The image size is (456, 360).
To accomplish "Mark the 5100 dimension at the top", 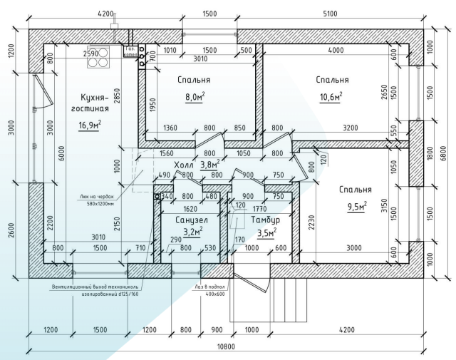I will click(330, 14).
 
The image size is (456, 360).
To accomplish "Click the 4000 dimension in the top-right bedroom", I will click(330, 50).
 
